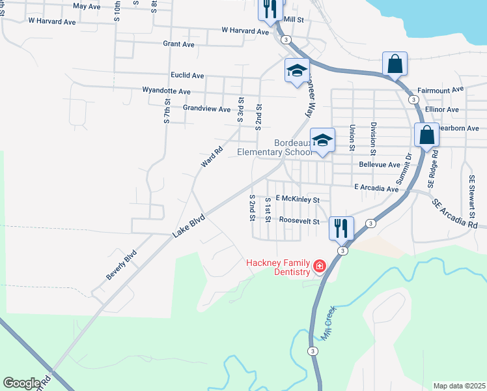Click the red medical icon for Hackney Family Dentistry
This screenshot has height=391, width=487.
[319, 265]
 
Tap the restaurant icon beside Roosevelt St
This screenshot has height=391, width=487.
[341, 227]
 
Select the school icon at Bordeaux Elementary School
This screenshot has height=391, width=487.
[322, 139]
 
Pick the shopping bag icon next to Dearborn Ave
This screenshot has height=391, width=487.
[427, 135]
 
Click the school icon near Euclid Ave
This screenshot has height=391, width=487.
[297, 70]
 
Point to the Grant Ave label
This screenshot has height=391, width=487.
[178, 44]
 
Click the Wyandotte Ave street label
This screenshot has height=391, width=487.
[166, 92]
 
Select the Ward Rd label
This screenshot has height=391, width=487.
[212, 156]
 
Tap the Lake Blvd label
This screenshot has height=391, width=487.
[189, 225]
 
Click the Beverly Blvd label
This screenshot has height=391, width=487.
[122, 265]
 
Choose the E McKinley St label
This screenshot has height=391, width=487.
[298, 200]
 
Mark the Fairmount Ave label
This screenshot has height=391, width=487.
[440, 89]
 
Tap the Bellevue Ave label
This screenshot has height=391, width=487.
[379, 166]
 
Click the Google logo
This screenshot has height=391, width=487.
[21, 383]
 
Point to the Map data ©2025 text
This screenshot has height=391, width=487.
[458, 386]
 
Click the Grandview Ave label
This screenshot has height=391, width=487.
[206, 109]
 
